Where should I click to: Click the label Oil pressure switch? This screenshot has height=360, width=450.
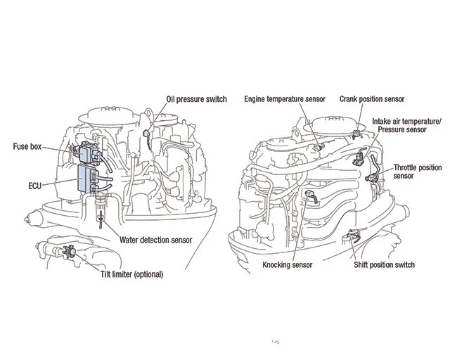click(x=196, y=99)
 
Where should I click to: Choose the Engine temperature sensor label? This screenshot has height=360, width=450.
click(x=285, y=99)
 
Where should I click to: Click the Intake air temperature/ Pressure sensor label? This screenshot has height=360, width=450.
click(x=411, y=124)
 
